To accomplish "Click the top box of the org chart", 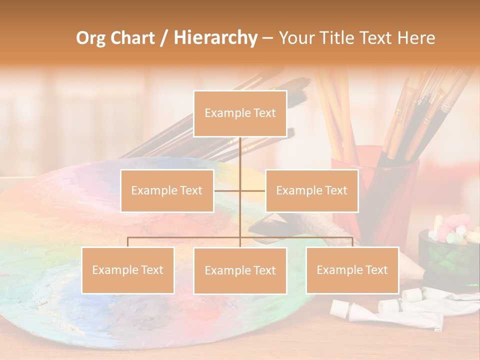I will [240, 113].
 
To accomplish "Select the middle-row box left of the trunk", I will [167, 190].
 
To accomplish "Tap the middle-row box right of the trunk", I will [311, 190].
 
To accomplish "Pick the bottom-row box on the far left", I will [128, 270].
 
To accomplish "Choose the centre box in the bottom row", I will [240, 270].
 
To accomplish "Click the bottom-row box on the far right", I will [352, 270].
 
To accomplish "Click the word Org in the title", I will [92, 38].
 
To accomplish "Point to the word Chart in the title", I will [133, 38].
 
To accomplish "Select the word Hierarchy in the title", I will [215, 38].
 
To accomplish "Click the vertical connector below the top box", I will [240, 155].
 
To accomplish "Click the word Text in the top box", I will [263, 113].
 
